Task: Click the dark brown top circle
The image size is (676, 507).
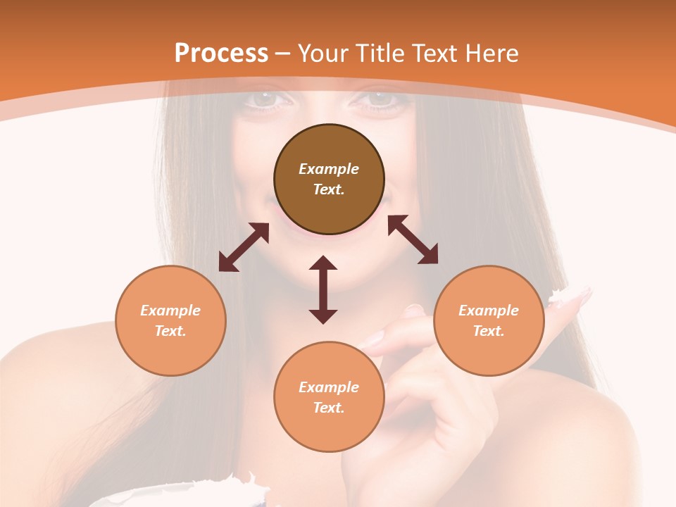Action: coord(329,180)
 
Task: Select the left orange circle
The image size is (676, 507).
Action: coord(170,320)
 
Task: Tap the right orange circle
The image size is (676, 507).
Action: coord(489,320)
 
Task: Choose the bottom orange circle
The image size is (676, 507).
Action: coord(329,397)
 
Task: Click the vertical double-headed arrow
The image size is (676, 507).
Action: coord(323,289)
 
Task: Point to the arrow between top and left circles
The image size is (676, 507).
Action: coord(244,247)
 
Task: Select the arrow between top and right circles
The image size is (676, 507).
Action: coord(413,239)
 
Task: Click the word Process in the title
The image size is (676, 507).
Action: coord(221,53)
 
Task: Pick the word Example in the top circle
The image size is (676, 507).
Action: coord(329,169)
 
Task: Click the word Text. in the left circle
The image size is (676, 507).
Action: coord(170,331)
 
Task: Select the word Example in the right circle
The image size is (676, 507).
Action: coord(489,311)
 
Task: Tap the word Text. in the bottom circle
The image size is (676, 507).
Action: coord(329,408)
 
